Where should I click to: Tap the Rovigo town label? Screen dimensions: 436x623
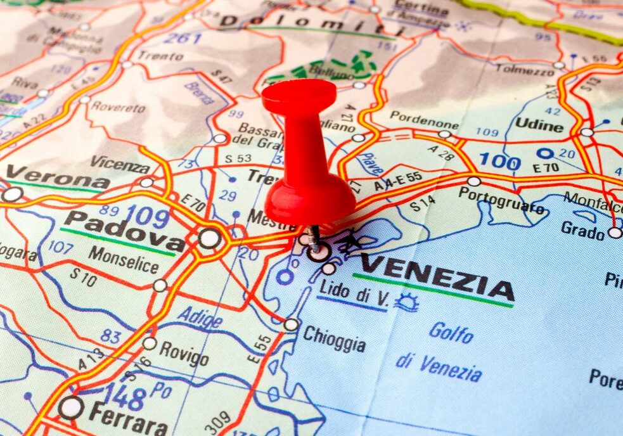(184, 354)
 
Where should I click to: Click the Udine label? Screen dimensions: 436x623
(539, 125)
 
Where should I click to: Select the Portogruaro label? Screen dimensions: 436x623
(502, 200)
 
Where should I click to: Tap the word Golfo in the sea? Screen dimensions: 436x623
(451, 332)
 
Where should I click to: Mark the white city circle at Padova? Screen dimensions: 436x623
(209, 238)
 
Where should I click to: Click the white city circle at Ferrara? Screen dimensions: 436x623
(70, 407)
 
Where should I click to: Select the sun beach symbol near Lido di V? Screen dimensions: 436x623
(406, 302)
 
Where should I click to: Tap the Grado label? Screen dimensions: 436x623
(582, 230)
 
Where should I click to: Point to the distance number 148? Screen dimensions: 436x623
(124, 396)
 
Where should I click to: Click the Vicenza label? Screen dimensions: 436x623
(120, 164)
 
